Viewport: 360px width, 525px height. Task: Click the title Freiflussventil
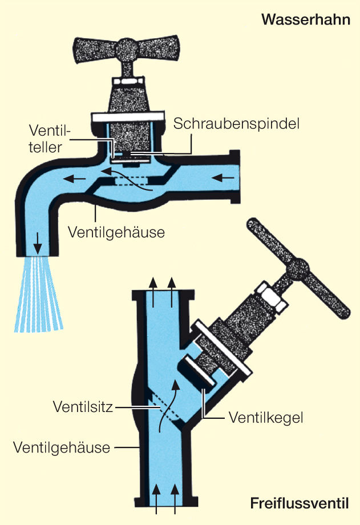pos(299,503)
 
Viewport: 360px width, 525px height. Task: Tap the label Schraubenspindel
pos(237,123)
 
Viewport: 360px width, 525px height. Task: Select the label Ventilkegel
pos(265,417)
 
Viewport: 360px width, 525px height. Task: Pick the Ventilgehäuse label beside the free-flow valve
pos(61,447)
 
